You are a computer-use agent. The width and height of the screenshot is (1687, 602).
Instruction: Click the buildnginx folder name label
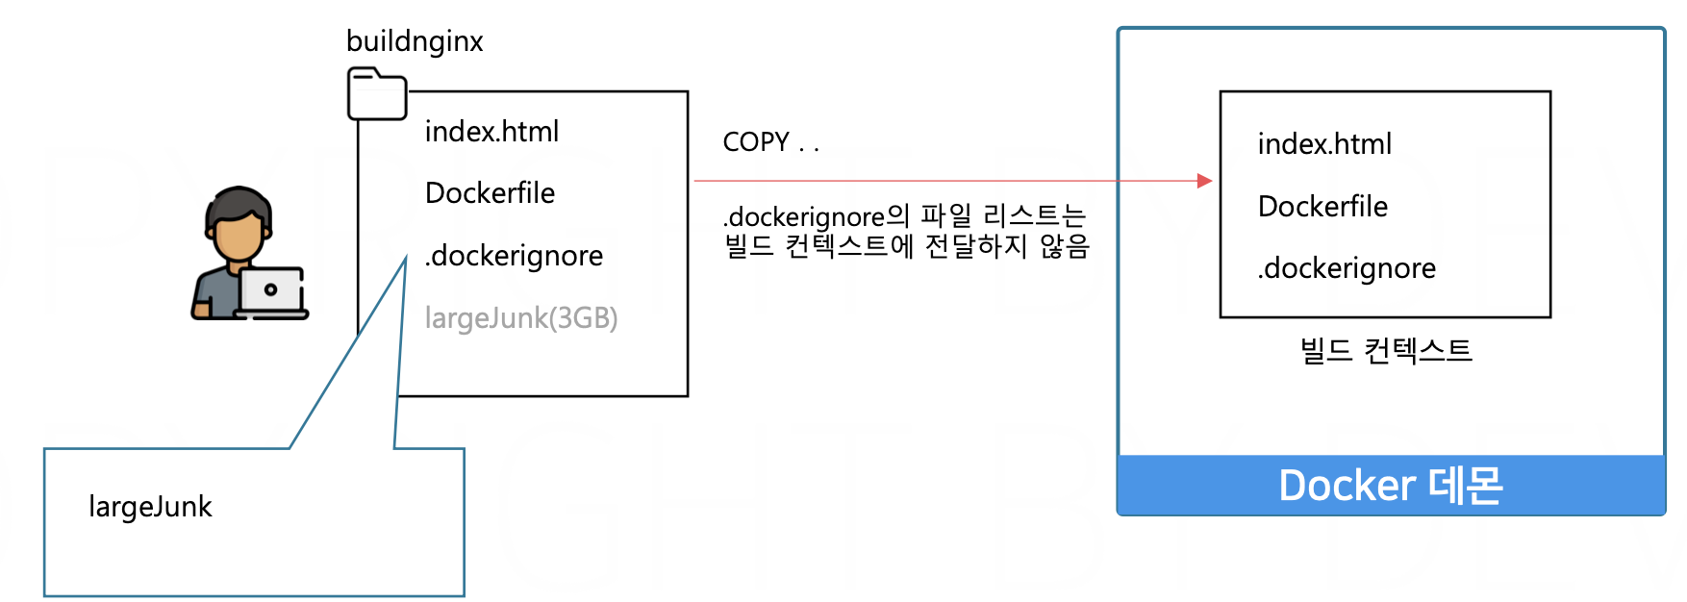coord(415,41)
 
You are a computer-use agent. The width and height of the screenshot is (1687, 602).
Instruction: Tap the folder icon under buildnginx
coord(376,94)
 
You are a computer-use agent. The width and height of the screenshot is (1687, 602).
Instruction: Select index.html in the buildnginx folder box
coord(491,132)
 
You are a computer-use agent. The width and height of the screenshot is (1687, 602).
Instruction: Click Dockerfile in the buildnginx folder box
coord(490,193)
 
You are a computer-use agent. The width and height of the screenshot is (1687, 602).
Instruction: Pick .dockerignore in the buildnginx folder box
coord(514,256)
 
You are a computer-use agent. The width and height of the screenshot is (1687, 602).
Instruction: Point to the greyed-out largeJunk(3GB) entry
coord(521,317)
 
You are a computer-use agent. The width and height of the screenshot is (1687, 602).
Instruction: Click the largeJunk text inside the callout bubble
coord(150,507)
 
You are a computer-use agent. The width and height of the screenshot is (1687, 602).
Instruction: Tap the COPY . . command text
coord(770,142)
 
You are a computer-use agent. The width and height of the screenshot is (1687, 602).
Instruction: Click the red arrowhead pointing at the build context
coord(1204,181)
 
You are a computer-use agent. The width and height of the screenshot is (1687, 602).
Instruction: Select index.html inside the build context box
coord(1324,144)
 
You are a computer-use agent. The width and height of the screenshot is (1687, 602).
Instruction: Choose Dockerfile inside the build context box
coord(1322,207)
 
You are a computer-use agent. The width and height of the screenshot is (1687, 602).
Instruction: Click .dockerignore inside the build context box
coord(1346,268)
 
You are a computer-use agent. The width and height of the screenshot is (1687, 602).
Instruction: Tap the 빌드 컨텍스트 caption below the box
coord(1386,351)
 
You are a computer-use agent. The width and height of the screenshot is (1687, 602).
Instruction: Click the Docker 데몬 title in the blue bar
coord(1391,486)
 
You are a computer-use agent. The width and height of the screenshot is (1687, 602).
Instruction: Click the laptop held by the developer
coord(271,290)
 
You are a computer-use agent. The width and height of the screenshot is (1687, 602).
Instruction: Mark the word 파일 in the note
coord(946,215)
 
